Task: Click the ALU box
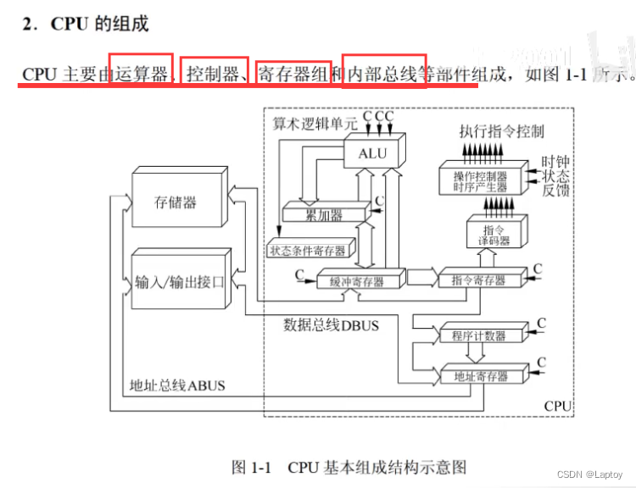372,153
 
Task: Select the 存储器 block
176,202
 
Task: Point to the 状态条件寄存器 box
307,251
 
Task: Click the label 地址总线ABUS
177,385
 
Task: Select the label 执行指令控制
502,131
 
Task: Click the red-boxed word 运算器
141,74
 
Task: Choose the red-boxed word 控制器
214,74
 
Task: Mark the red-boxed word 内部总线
383,74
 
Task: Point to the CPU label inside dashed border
557,407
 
